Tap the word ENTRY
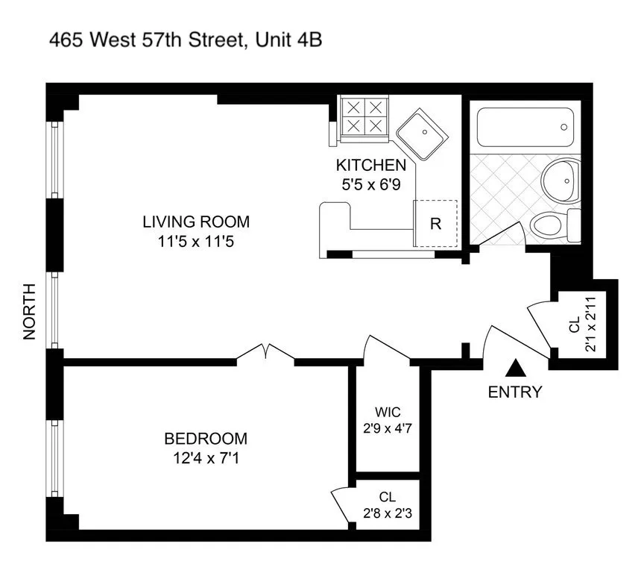coord(515,392)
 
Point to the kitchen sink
coord(421,135)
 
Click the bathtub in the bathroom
coord(524,128)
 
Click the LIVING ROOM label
coord(196,222)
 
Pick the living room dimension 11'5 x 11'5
coord(196,242)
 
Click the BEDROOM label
coord(206,439)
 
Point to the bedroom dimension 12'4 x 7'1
coord(206,458)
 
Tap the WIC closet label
coord(388,411)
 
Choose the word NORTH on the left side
coord(30,312)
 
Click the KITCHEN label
coord(370,166)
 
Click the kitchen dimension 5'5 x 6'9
coord(370,184)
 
